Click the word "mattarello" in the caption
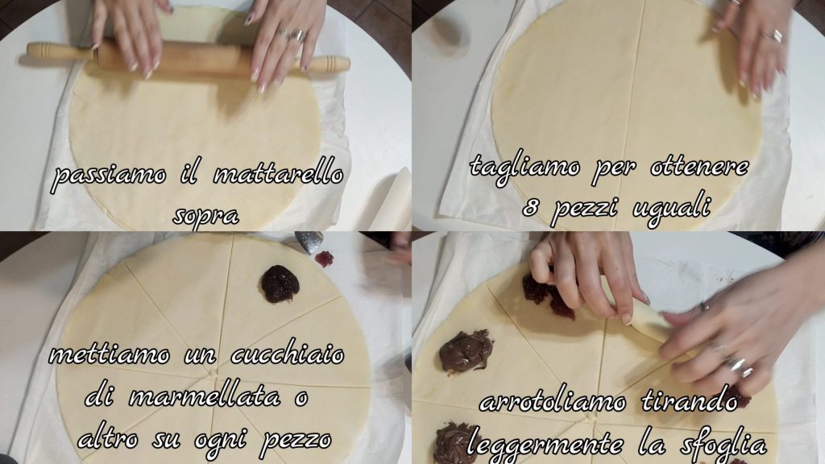pyautogui.click(x=278, y=174)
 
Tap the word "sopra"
pyautogui.click(x=205, y=214)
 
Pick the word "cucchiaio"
pyautogui.click(x=288, y=355)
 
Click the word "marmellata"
pyautogui.click(x=204, y=396)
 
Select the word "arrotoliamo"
pyautogui.click(x=553, y=402)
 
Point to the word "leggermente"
pyautogui.click(x=545, y=445)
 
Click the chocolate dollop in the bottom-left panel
pyautogui.click(x=280, y=284)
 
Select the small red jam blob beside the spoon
pyautogui.click(x=325, y=259)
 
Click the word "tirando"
pyautogui.click(x=690, y=402)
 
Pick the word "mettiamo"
pyautogui.click(x=110, y=355)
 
